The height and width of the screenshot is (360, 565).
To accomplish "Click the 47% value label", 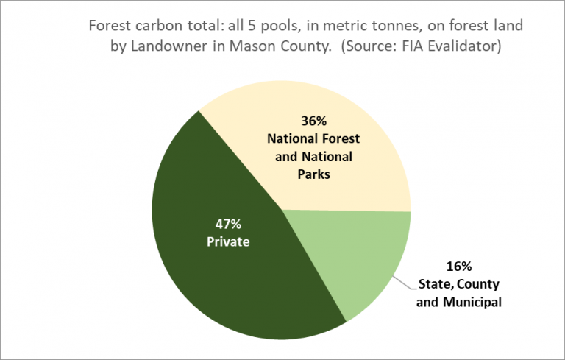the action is pyautogui.click(x=228, y=225).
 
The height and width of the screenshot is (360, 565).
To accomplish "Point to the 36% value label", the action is pyautogui.click(x=313, y=121).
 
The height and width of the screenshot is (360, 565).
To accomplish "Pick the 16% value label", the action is pyautogui.click(x=459, y=267).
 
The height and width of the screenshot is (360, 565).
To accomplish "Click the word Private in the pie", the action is pyautogui.click(x=228, y=241).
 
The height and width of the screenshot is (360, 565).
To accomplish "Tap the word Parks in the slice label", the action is pyautogui.click(x=313, y=174).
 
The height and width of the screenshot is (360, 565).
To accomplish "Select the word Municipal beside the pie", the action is pyautogui.click(x=472, y=302).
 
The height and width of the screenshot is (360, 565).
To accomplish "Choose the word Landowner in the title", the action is pyautogui.click(x=168, y=46).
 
